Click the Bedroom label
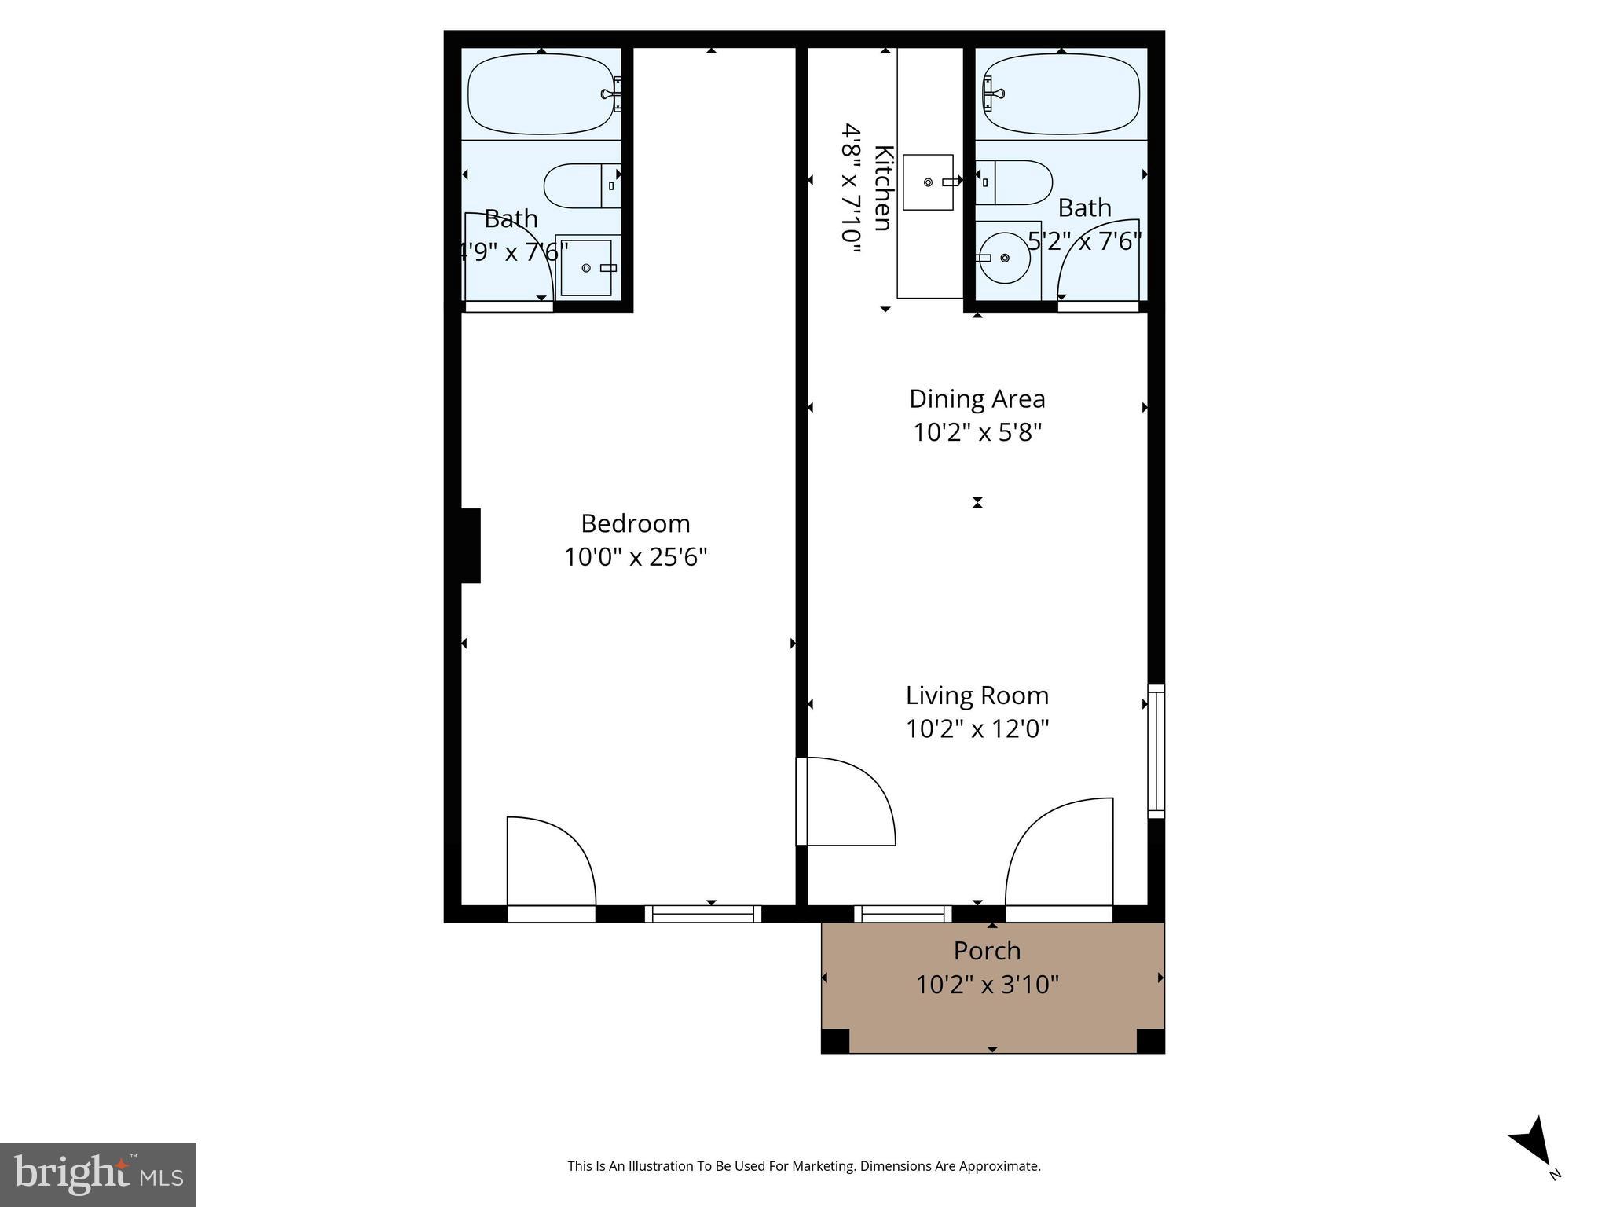635,523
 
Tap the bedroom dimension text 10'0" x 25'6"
635,557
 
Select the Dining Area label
977,399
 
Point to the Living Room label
977,695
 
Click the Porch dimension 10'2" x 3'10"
987,985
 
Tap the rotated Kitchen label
883,188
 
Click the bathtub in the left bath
540,94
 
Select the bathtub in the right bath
1061,94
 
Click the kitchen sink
928,182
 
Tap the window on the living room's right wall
1156,750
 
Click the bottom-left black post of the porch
836,1040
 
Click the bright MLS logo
98,1174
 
